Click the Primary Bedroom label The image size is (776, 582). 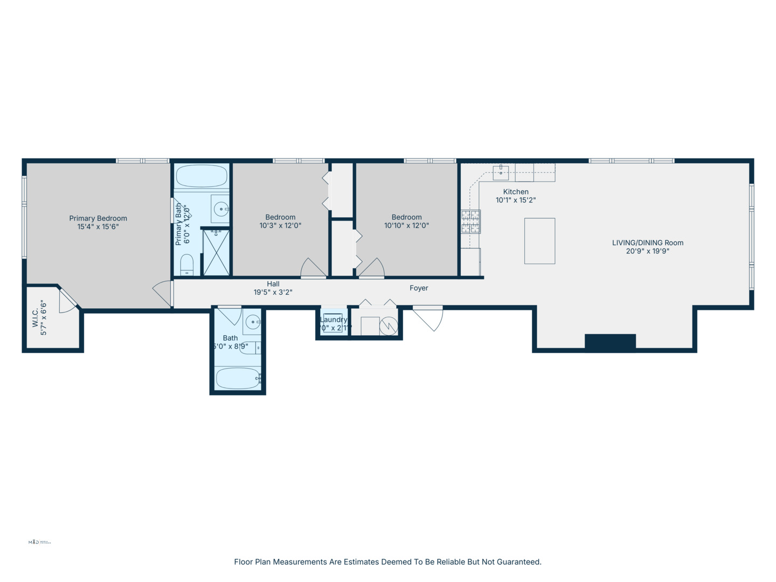(98, 218)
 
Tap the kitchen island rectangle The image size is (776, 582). (539, 241)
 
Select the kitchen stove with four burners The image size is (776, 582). (470, 221)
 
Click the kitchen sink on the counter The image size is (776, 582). (501, 172)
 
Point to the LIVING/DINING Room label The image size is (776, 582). (647, 243)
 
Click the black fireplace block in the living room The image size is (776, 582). (610, 342)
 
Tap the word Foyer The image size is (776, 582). (419, 288)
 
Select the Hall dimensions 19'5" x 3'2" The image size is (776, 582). (273, 293)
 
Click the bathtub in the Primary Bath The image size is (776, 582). (202, 176)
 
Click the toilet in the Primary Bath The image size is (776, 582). (186, 265)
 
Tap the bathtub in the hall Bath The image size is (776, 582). (238, 378)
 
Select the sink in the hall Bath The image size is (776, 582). (252, 322)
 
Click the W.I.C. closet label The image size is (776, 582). (36, 318)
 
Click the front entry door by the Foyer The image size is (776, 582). (429, 318)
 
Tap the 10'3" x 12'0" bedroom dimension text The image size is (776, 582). (280, 226)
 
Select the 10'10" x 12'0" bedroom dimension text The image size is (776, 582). (406, 226)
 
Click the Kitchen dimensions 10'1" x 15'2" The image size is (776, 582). (516, 200)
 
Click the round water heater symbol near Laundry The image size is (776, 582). (389, 325)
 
